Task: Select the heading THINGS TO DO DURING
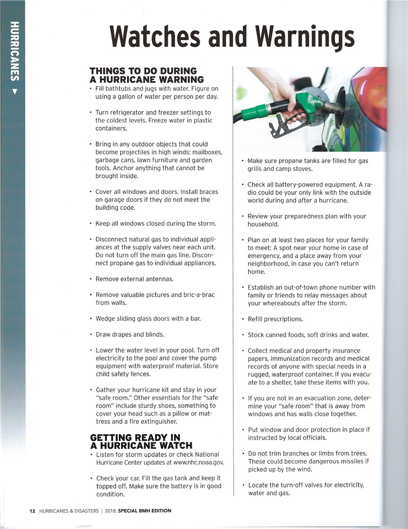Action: tap(143, 71)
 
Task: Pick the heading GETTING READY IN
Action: tap(135, 438)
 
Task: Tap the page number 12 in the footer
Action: tap(32, 511)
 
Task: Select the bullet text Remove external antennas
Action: tap(135, 279)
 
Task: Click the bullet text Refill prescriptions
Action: tap(275, 319)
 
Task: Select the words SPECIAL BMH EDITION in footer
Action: tap(146, 511)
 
